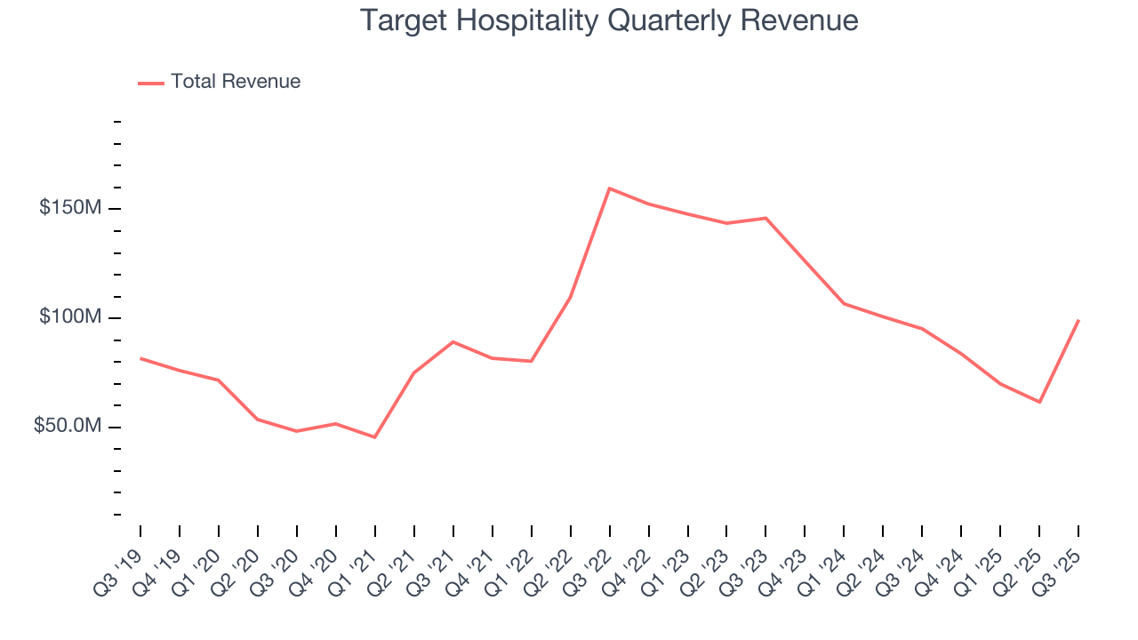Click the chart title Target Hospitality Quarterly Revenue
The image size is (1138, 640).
[x=609, y=20]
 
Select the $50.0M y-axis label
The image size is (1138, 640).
[x=68, y=427]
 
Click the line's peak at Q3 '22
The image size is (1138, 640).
[x=610, y=188]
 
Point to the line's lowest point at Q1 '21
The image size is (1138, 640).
[x=375, y=437]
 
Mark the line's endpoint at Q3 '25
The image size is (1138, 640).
[x=1078, y=320]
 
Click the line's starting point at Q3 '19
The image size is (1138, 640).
[x=140, y=358]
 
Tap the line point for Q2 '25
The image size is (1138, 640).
[x=1039, y=403]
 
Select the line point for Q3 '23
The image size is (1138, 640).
[x=765, y=218]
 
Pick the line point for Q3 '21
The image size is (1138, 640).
[x=453, y=341]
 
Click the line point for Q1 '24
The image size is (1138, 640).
[x=844, y=304]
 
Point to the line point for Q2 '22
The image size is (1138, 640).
[x=570, y=297]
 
